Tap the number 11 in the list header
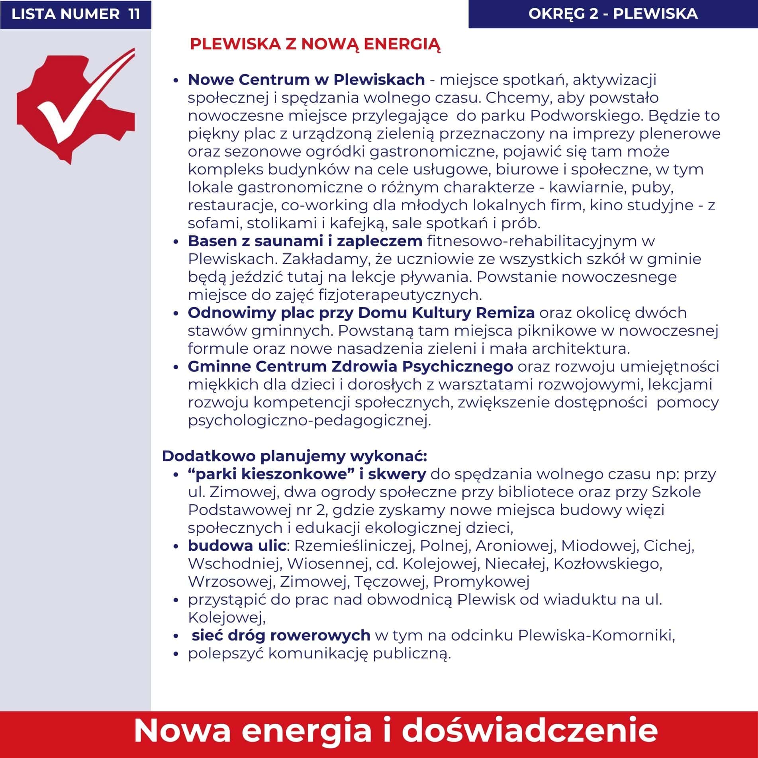(x=134, y=14)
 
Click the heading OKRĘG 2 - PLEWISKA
(x=613, y=14)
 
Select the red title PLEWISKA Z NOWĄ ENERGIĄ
(x=315, y=44)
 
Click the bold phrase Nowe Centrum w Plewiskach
(x=306, y=80)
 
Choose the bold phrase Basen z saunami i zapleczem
(x=305, y=241)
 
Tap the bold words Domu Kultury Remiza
(x=446, y=313)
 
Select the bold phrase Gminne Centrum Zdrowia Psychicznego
(x=350, y=366)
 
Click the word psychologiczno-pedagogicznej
(x=309, y=420)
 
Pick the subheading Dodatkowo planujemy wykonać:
(x=294, y=456)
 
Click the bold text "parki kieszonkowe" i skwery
(x=307, y=474)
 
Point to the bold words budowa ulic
(x=237, y=546)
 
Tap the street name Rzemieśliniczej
(x=353, y=546)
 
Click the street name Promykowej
(x=481, y=582)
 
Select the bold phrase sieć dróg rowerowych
(x=281, y=635)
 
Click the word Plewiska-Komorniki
(x=596, y=635)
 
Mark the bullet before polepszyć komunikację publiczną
(x=176, y=654)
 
